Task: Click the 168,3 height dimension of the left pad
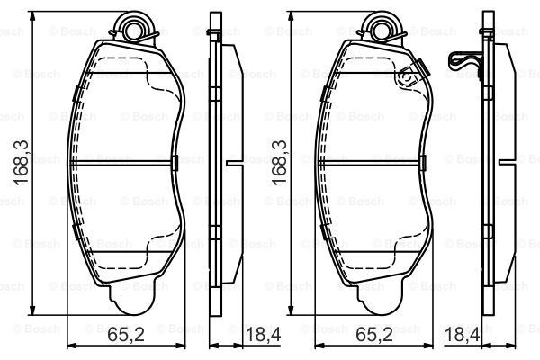(22, 163)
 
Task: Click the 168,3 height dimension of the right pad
(279, 162)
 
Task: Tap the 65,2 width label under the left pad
(126, 334)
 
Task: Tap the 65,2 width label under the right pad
(374, 334)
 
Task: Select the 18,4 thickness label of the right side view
(463, 334)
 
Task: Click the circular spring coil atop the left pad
(133, 28)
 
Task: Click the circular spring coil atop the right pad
(382, 28)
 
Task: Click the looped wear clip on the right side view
(463, 62)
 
